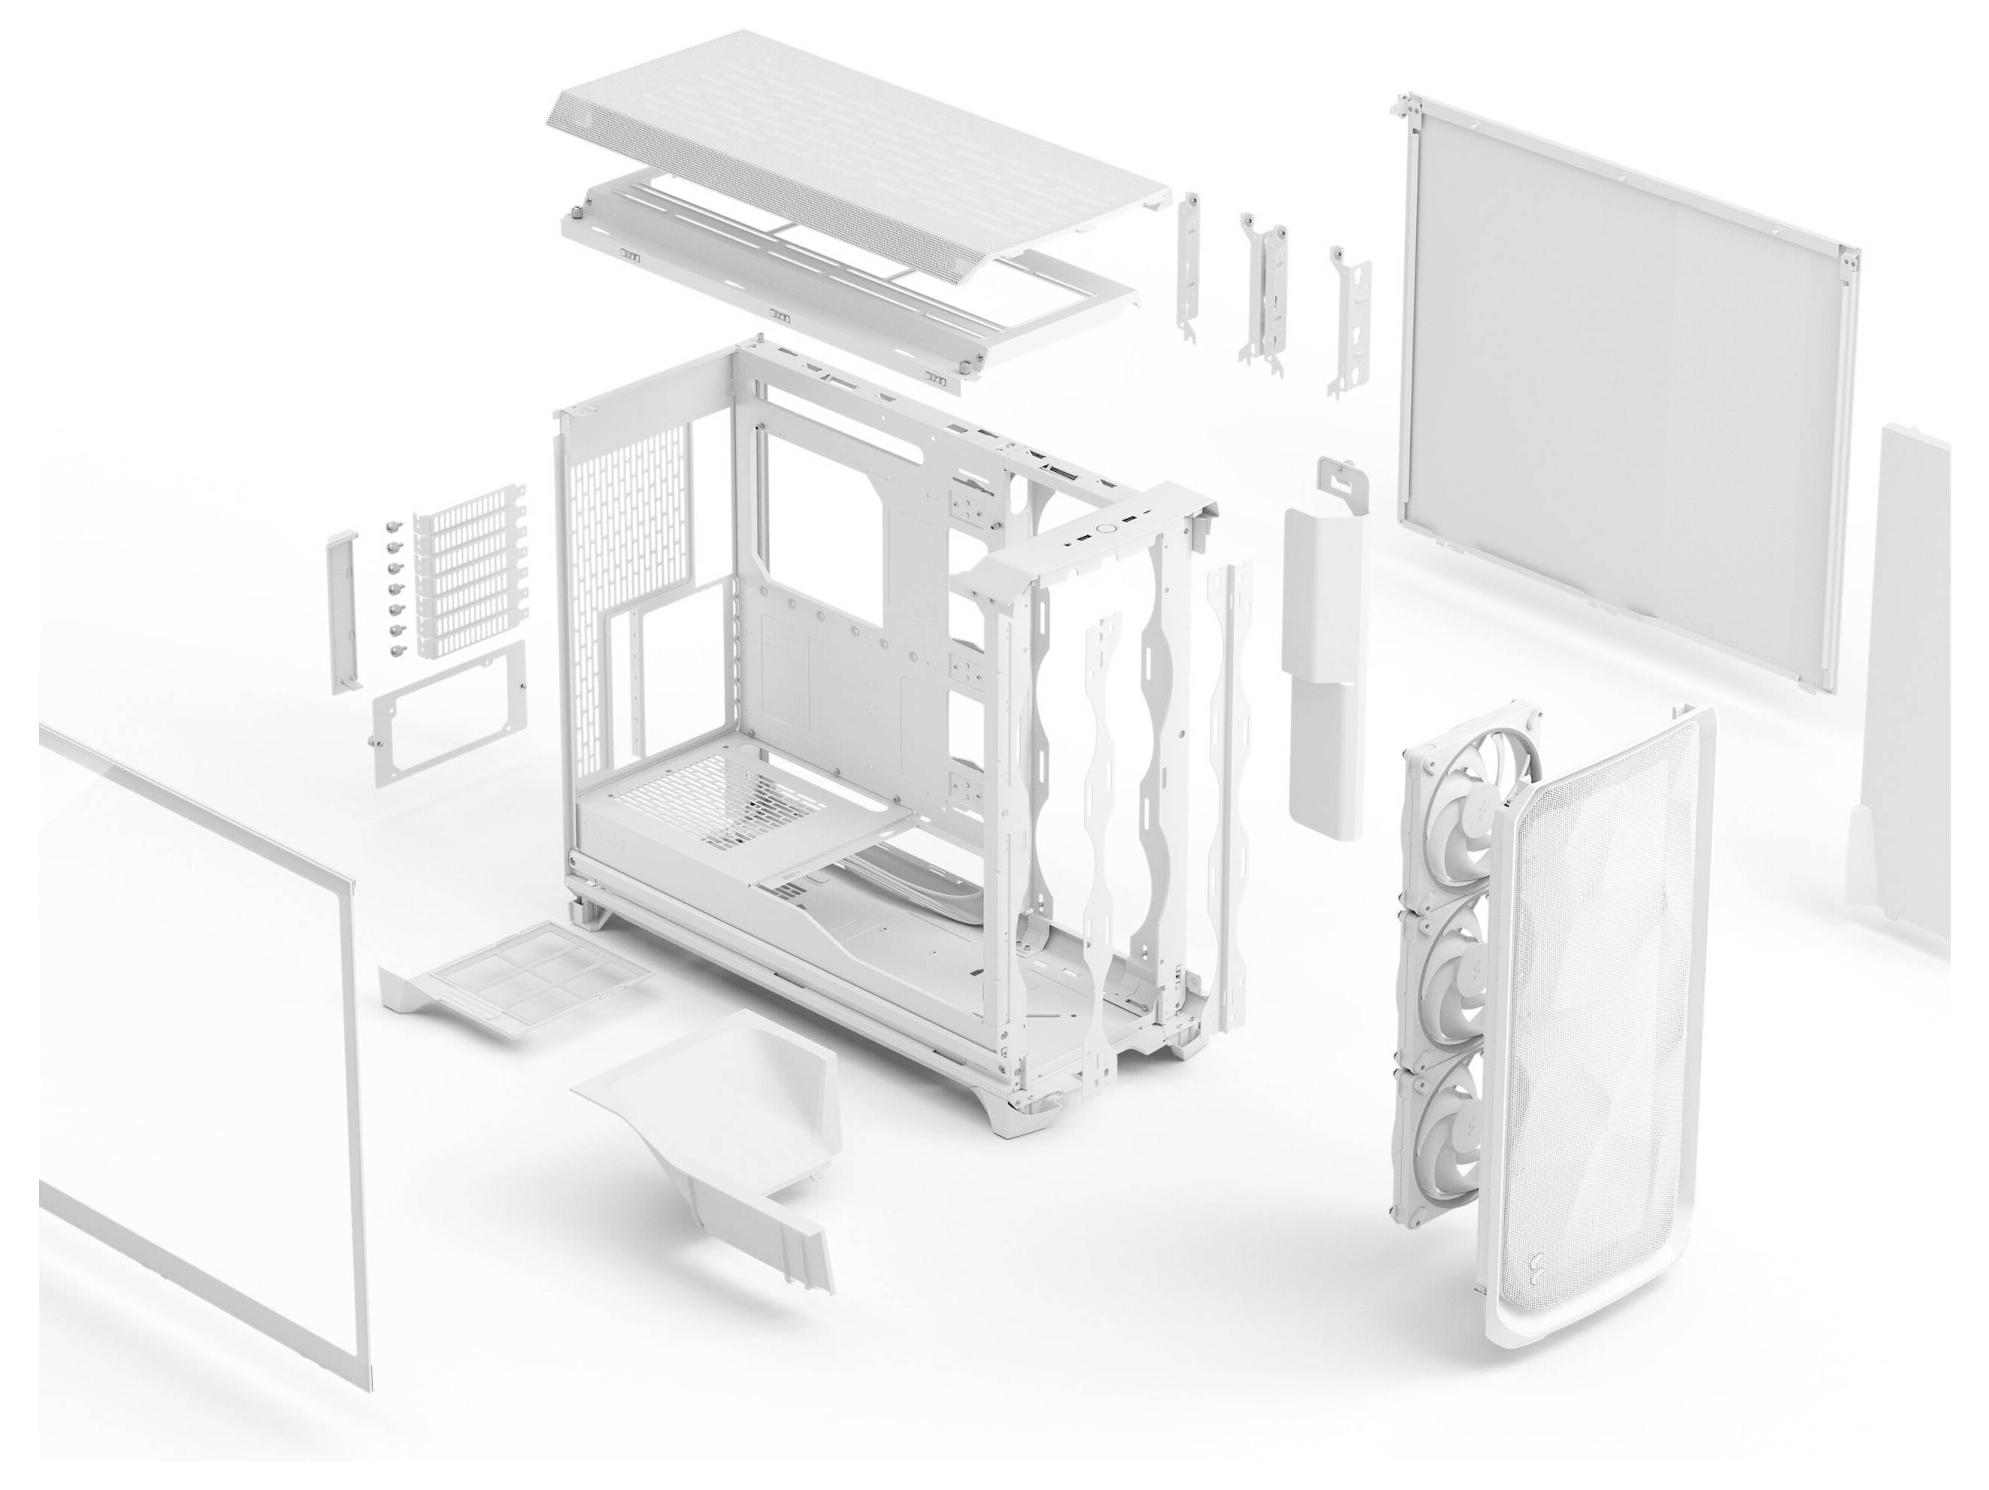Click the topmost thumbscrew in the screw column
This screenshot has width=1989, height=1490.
pos(392,528)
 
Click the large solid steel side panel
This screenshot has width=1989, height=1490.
pos(1618,395)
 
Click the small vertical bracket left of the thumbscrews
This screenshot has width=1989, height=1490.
pos(344,611)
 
